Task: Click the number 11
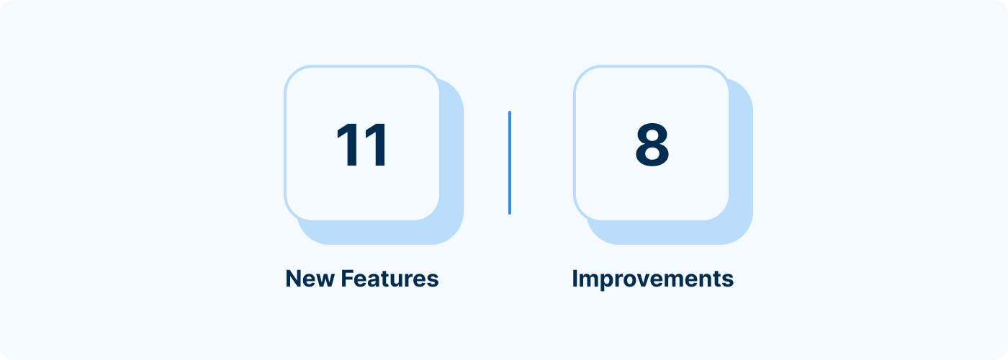(x=361, y=145)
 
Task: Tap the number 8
(x=652, y=145)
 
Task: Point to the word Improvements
(x=652, y=279)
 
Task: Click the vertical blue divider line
(x=510, y=163)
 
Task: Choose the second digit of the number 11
(x=375, y=145)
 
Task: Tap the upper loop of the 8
(x=652, y=133)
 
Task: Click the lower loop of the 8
(x=652, y=156)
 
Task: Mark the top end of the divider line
(x=510, y=112)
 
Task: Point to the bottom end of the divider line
(x=510, y=214)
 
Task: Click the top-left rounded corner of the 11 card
(x=292, y=73)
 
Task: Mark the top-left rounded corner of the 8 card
(x=582, y=73)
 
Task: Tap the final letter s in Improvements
(x=729, y=281)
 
